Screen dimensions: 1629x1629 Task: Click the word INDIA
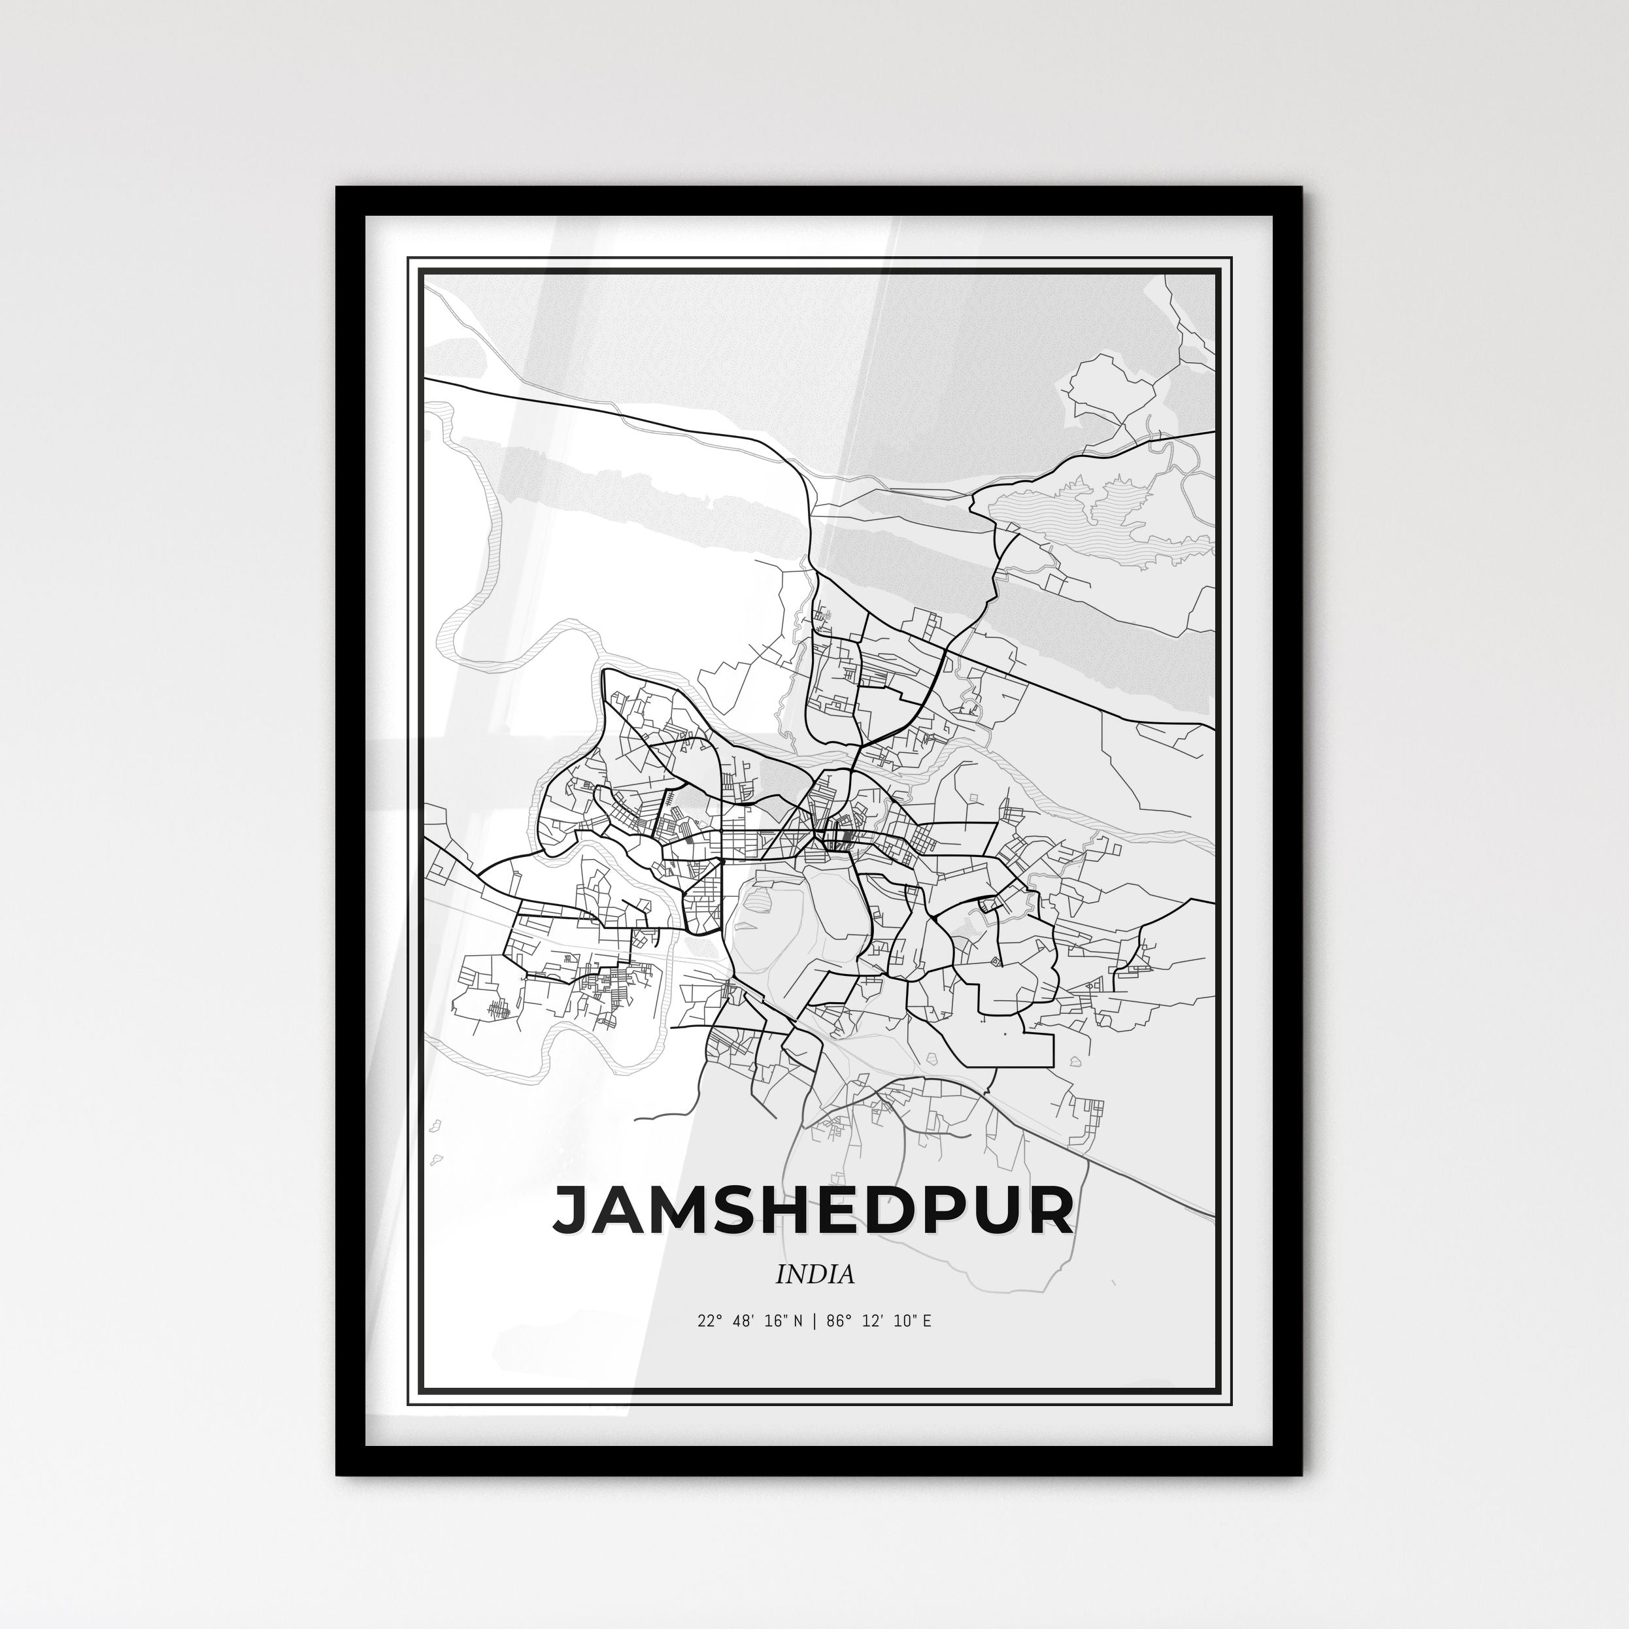coord(815,1274)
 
